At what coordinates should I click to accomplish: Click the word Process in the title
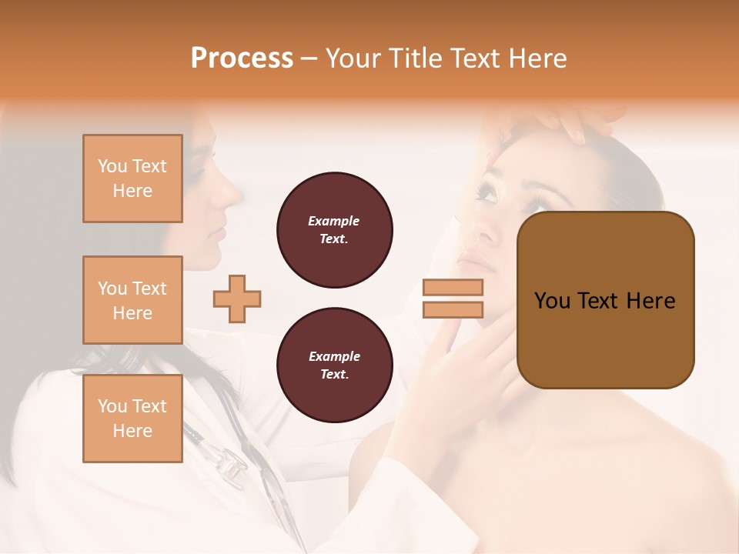[x=242, y=58]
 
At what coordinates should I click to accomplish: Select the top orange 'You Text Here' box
[x=132, y=179]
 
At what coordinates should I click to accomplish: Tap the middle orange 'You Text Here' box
[x=132, y=300]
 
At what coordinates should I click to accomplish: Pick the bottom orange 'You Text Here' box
[x=132, y=419]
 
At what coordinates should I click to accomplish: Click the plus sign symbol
[x=237, y=299]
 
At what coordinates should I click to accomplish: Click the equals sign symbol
[x=453, y=299]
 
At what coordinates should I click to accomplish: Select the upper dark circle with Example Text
[x=335, y=230]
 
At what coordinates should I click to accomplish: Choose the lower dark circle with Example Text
[x=335, y=365]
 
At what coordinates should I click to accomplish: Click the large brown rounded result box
[x=606, y=300]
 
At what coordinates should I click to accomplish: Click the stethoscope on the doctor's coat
[x=231, y=462]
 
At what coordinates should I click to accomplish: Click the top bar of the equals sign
[x=453, y=288]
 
